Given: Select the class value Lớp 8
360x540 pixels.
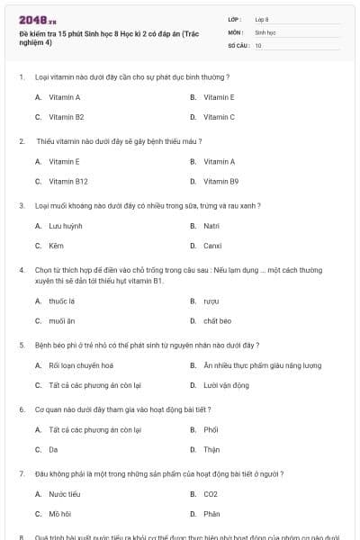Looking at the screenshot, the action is (262, 19).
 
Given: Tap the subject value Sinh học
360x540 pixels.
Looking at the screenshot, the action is (265, 31).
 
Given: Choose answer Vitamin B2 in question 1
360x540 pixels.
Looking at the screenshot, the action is (66, 117).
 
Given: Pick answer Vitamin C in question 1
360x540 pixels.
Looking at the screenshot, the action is (219, 117).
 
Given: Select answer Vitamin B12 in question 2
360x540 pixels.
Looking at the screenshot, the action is (68, 182).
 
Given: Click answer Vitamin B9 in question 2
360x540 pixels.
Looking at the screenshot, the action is (220, 182).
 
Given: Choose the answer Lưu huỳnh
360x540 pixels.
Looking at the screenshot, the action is (66, 226).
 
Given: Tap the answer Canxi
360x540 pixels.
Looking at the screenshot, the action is (212, 246).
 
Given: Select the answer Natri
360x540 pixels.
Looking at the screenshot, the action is (211, 226).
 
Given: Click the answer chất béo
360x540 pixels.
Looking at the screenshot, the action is (218, 320).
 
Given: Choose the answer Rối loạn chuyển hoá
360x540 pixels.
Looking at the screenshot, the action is (81, 365).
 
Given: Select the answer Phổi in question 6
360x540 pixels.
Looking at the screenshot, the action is (211, 430).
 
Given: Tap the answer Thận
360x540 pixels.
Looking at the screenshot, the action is (211, 449).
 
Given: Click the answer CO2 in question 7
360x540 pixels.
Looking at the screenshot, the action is (211, 494).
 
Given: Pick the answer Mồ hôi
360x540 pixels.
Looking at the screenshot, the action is (60, 514).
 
